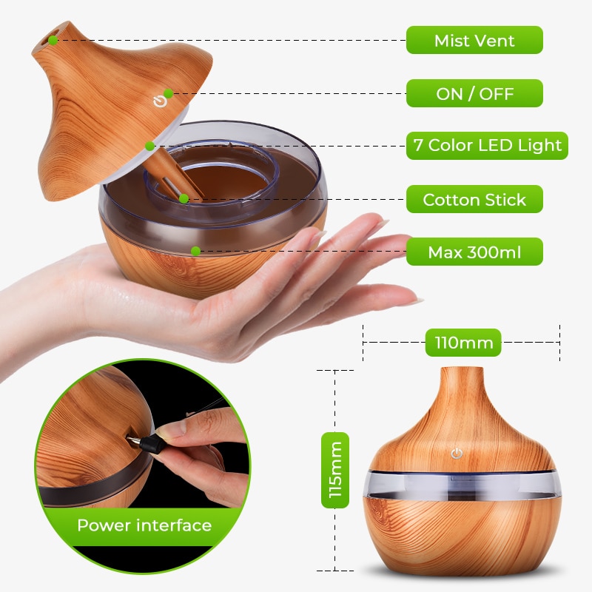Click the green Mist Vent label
coord(474,40)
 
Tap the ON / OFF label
coord(474,93)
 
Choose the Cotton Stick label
coord(474,199)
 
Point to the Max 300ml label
coord(474,252)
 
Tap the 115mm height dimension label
coord(335,470)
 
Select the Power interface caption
coord(144,525)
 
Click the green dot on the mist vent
coord(55,40)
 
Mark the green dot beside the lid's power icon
coord(169,93)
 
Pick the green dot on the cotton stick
coord(183,198)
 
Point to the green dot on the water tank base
coord(195,251)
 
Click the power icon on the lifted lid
coord(158,101)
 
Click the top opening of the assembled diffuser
coord(462,369)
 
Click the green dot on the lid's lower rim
coord(149,146)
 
